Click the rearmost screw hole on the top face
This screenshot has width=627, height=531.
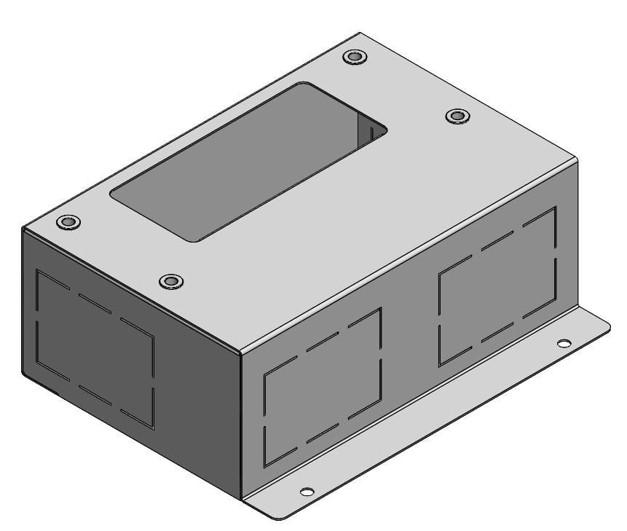355,57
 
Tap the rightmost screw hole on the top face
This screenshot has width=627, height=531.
457,116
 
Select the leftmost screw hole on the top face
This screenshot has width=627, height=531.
68,221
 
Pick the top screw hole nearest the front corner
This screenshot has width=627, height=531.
171,281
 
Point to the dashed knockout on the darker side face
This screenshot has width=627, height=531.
95,348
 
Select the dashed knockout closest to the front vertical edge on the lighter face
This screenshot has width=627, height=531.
322,387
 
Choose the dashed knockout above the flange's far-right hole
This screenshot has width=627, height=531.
497,285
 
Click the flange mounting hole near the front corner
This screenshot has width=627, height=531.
307,492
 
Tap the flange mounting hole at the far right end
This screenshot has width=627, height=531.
564,343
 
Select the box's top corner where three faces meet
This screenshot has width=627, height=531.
240,352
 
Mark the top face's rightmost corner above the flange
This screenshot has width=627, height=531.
577,159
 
